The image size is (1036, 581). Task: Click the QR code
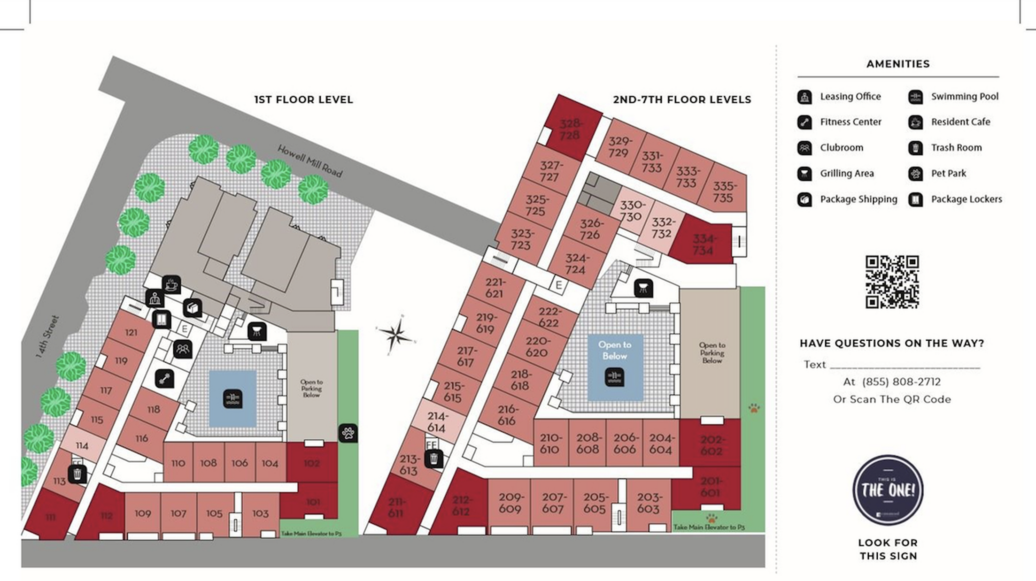(x=892, y=282)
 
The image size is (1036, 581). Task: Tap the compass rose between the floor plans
(x=396, y=334)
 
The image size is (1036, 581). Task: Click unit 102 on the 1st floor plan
(x=311, y=463)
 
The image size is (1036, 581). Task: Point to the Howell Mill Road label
(x=310, y=161)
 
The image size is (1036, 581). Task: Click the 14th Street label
(x=48, y=336)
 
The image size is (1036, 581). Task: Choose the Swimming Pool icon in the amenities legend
(x=915, y=97)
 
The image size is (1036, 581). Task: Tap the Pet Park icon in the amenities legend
(x=915, y=174)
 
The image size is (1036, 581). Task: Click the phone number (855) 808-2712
(x=901, y=382)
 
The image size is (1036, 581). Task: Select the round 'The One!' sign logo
(x=888, y=490)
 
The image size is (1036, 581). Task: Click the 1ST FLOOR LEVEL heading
(x=303, y=99)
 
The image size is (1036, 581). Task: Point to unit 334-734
(x=703, y=245)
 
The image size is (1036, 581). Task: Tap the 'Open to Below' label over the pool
(x=614, y=351)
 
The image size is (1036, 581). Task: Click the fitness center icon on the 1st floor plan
(x=164, y=379)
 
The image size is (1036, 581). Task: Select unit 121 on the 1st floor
(x=131, y=332)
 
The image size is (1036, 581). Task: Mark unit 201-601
(x=710, y=487)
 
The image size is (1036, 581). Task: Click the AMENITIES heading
(x=898, y=64)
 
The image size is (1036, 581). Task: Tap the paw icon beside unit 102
(x=348, y=433)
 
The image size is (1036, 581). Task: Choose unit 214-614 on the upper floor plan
(x=436, y=421)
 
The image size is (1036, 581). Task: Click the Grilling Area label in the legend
(x=847, y=174)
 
